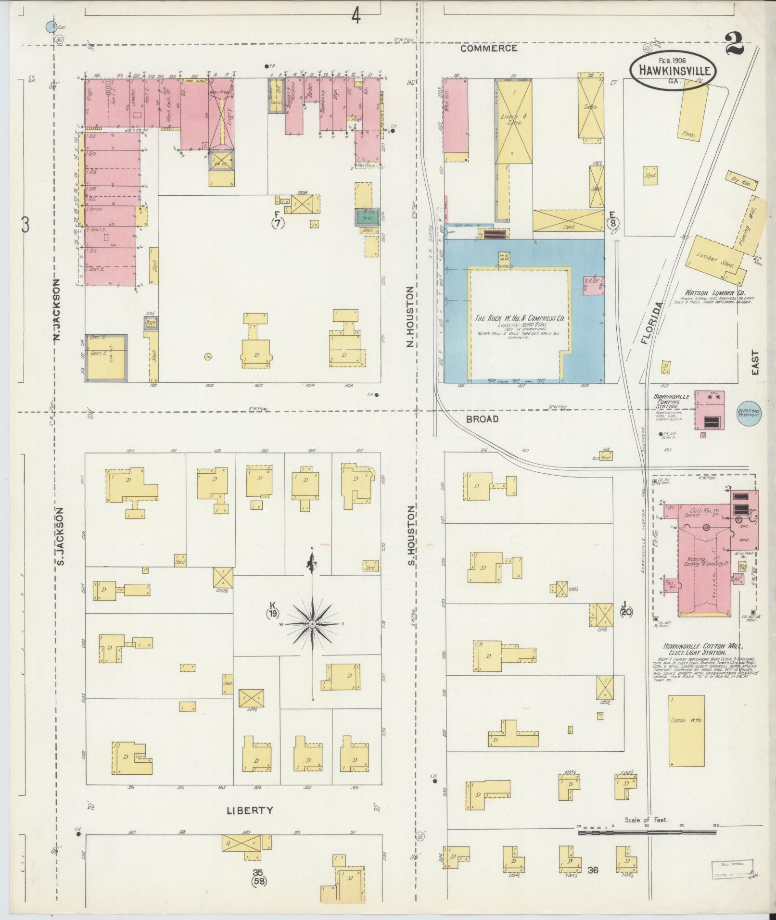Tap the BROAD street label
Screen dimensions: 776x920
pos(482,419)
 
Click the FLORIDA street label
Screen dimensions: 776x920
pos(653,323)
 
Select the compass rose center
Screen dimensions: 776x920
pos(312,624)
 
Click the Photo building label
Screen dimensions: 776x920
pos(689,135)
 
